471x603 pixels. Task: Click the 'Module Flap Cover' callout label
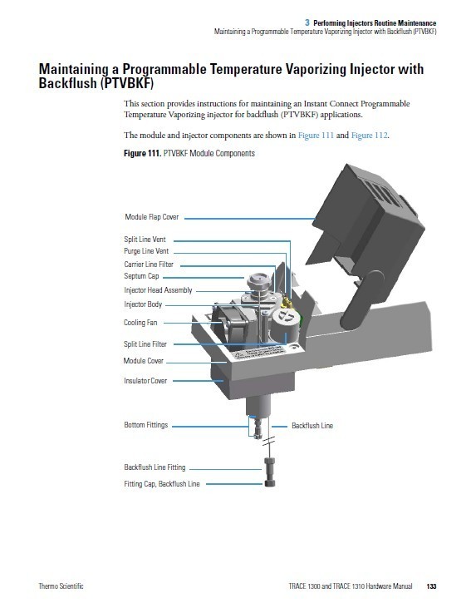[152, 217]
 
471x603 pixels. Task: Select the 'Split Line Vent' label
[145, 240]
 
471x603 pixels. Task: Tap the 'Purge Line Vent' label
[146, 251]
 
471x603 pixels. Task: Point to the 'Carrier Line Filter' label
[149, 264]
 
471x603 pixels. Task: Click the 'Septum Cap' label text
[141, 276]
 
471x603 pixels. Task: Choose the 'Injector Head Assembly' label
[158, 290]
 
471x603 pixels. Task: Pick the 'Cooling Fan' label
[140, 323]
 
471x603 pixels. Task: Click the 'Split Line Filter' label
[145, 344]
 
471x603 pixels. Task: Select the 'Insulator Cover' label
[145, 381]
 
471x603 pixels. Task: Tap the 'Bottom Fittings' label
[146, 425]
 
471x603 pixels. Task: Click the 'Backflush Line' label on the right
[312, 426]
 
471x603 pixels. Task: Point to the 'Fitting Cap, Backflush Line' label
[162, 484]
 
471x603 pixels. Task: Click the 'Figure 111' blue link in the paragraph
[316, 136]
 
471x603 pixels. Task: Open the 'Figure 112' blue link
[369, 136]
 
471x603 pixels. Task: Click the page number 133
[431, 586]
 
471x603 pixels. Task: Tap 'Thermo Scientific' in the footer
[61, 586]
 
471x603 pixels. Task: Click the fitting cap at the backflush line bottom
[270, 482]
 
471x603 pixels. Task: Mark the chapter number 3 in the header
[307, 22]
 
